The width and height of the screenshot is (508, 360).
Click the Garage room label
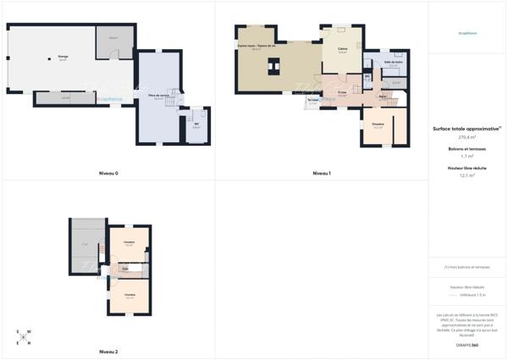(x=63, y=57)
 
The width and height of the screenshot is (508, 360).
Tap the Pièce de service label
(x=157, y=97)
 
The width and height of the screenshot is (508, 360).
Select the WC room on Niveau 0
(x=196, y=124)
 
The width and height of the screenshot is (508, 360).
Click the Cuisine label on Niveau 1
(x=343, y=49)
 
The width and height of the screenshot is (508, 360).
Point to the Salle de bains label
(x=393, y=63)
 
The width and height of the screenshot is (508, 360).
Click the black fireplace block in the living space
(x=273, y=66)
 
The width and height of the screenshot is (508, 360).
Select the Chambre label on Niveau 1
(x=378, y=124)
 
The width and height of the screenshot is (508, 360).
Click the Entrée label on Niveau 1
(x=382, y=97)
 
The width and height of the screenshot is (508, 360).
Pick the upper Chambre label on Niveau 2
(x=130, y=242)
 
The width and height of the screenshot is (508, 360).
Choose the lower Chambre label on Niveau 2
(x=130, y=294)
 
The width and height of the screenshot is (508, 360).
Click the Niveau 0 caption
(x=108, y=174)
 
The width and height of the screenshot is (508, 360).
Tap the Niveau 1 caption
(x=322, y=174)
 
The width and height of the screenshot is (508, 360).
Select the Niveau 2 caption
(x=108, y=351)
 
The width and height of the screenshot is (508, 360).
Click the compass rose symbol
(x=24, y=336)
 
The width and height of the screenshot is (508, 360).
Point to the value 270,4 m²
(x=467, y=136)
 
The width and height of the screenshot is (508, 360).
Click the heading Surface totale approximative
(x=467, y=129)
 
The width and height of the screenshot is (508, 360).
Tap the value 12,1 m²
(x=467, y=175)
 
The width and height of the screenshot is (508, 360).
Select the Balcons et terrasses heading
(x=467, y=149)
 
